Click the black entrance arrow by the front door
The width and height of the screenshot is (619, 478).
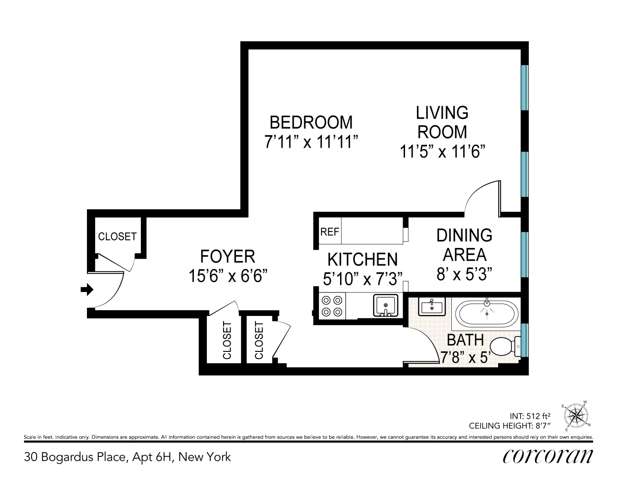[x=87, y=290]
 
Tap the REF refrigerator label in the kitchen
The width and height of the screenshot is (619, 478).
[x=330, y=232]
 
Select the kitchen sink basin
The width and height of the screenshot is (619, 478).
[x=385, y=305]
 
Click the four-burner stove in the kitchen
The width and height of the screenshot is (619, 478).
[x=332, y=306]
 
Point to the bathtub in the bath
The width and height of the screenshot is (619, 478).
[x=487, y=313]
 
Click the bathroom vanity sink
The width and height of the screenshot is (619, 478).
[x=432, y=306]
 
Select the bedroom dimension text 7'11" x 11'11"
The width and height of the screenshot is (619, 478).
[x=311, y=141]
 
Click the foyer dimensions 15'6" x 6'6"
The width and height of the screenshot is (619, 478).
[x=228, y=276]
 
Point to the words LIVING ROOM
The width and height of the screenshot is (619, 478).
[x=442, y=122]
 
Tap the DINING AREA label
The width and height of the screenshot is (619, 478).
[x=464, y=245]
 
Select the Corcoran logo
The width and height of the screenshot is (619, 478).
[x=547, y=456]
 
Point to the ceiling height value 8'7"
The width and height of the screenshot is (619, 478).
[x=543, y=425]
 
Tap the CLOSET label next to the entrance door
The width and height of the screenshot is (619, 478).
[x=117, y=236]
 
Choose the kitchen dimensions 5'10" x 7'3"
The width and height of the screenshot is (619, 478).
[x=363, y=279]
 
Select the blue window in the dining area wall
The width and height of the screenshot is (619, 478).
[x=525, y=254]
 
